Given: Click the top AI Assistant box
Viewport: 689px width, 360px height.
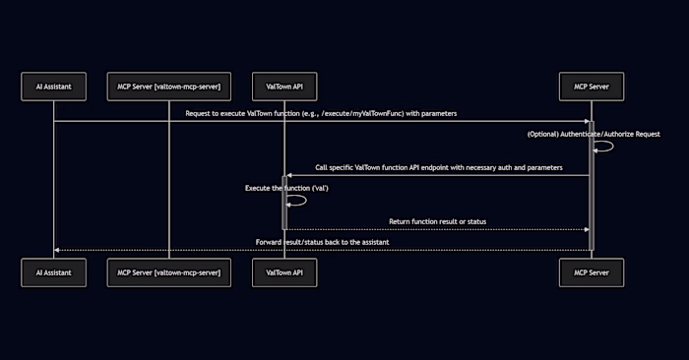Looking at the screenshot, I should pyautogui.click(x=53, y=87).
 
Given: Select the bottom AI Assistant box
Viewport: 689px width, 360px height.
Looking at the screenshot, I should pyautogui.click(x=53, y=272).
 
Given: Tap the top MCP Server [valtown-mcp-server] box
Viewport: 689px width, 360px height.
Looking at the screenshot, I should pyautogui.click(x=169, y=87).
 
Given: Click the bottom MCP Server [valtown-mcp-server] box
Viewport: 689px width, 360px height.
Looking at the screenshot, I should pyautogui.click(x=169, y=272).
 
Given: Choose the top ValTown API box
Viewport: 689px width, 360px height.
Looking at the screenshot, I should pyautogui.click(x=283, y=87).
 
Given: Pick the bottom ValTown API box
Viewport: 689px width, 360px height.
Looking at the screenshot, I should pyautogui.click(x=283, y=272).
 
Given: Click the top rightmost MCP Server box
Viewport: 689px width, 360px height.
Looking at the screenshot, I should pyautogui.click(x=592, y=87).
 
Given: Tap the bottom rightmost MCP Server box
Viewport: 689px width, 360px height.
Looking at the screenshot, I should pyautogui.click(x=592, y=272).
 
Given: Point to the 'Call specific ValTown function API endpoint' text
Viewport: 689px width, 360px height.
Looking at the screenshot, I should pyautogui.click(x=439, y=168).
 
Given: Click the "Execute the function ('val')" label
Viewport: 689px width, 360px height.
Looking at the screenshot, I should pyautogui.click(x=286, y=187).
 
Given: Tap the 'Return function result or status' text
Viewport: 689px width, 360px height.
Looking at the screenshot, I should pyautogui.click(x=439, y=221).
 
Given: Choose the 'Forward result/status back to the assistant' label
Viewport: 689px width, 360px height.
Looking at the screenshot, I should pyautogui.click(x=321, y=241).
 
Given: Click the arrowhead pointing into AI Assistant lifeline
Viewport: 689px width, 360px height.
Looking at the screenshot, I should pyautogui.click(x=57, y=250).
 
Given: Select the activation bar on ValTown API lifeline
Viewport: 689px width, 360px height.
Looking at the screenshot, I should pyautogui.click(x=283, y=203).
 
